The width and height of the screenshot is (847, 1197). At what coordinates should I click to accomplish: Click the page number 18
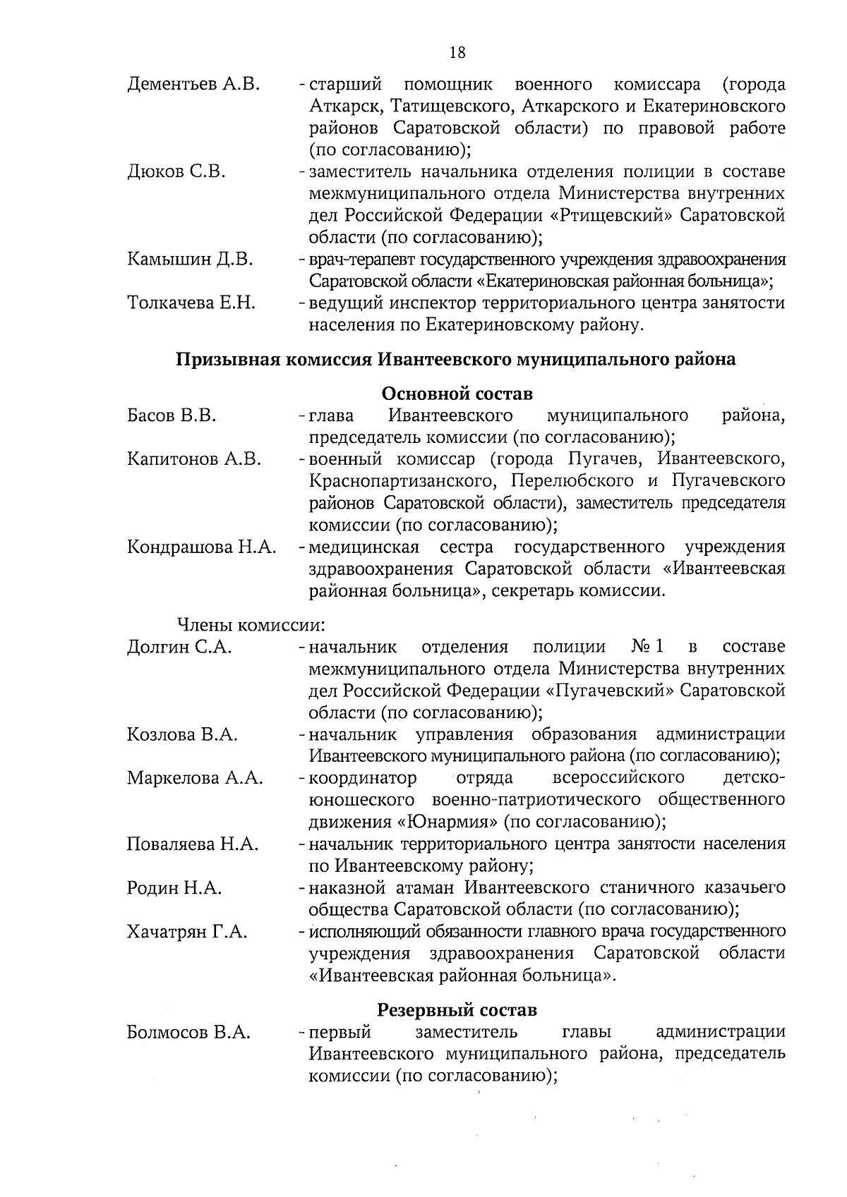click(x=457, y=52)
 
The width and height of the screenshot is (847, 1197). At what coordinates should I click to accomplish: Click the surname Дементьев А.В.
click(x=193, y=85)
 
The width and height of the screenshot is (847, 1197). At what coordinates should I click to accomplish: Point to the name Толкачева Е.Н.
click(x=191, y=303)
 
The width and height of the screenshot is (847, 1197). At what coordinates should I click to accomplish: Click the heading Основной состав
click(x=457, y=393)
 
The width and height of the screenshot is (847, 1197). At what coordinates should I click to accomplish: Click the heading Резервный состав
click(x=457, y=1009)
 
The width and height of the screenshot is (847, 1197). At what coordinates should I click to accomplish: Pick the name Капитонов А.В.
click(x=194, y=459)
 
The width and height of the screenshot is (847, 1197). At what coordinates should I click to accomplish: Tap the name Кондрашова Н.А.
click(x=202, y=547)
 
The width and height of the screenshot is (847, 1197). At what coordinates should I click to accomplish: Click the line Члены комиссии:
click(x=250, y=625)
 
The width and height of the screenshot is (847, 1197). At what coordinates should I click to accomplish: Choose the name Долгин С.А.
click(x=179, y=647)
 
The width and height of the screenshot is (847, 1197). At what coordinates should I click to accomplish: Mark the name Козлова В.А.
click(x=182, y=734)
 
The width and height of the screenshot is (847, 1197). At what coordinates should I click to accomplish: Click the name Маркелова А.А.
click(x=195, y=778)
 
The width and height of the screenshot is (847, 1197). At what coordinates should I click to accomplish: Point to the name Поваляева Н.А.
click(x=193, y=844)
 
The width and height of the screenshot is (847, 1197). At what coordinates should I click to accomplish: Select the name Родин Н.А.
click(x=174, y=888)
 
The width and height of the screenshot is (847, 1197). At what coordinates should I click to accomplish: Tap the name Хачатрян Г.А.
click(x=187, y=932)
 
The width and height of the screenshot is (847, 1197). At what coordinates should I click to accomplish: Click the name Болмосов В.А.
click(x=188, y=1033)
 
